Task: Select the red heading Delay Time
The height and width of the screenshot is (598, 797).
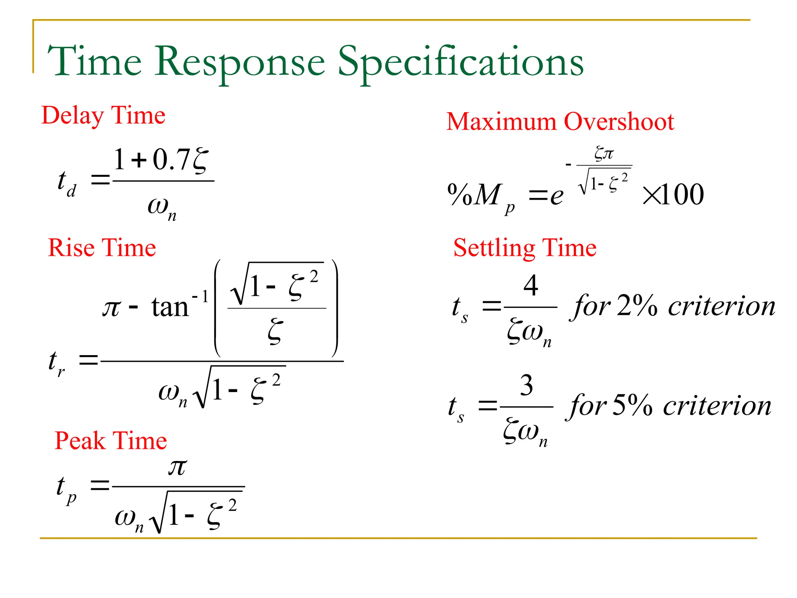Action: tap(104, 116)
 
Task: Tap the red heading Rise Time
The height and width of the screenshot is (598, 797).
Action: tap(102, 248)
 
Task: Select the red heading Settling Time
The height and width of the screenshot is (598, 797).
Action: tap(525, 248)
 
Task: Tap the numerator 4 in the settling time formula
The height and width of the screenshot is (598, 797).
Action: tap(531, 285)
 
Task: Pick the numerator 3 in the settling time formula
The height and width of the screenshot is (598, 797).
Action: tap(527, 385)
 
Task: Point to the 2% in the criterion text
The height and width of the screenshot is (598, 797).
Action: tap(637, 306)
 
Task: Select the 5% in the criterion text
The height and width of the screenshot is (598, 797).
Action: tap(632, 405)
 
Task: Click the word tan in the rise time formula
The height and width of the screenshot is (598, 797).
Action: tap(170, 308)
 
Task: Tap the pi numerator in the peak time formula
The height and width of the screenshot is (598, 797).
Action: tap(177, 467)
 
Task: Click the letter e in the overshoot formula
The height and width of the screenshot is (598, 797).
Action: tap(556, 196)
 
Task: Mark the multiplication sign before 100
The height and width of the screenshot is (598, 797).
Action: tap(651, 195)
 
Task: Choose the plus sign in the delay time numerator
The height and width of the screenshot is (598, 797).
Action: tap(139, 160)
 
